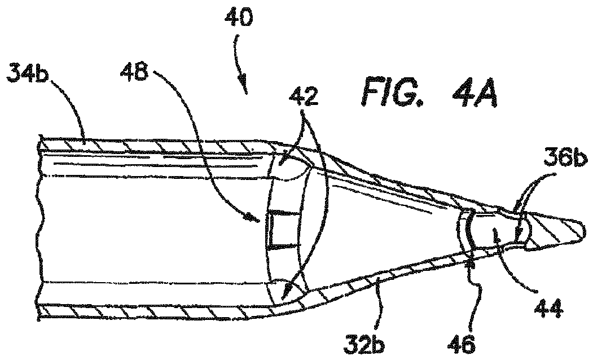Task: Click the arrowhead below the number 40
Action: [x=243, y=86]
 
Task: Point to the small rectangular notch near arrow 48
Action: [x=280, y=229]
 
